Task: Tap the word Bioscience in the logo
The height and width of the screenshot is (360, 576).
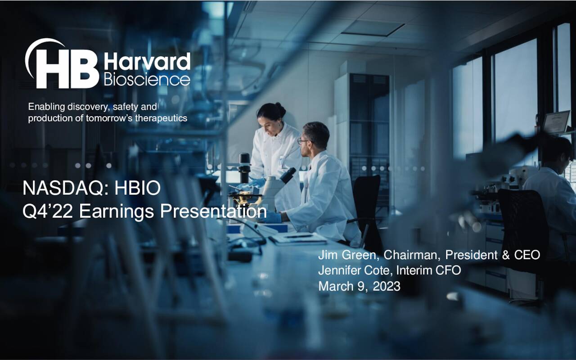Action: click(147, 80)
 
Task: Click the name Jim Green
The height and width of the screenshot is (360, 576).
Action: click(344, 255)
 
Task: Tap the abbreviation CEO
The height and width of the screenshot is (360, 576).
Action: click(527, 255)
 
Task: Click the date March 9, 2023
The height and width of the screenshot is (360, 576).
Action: click(359, 286)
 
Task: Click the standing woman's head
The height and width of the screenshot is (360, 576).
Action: click(272, 117)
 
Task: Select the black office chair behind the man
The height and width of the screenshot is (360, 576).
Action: click(367, 202)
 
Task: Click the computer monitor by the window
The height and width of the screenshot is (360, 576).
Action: click(556, 122)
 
